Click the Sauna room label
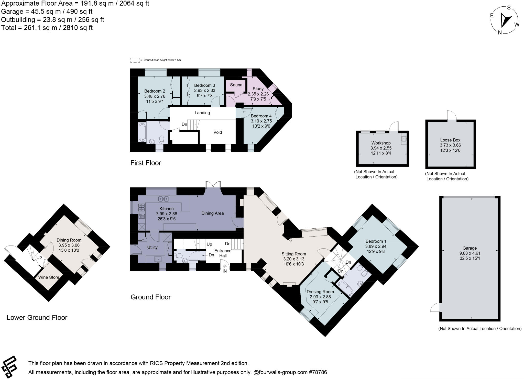click(236, 85)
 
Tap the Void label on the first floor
click(217, 132)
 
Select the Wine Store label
click(49, 277)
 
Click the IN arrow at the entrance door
click(225, 267)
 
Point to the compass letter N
click(499, 32)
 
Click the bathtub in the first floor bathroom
click(142, 132)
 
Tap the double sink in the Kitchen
click(163, 198)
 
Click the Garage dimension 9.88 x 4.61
click(470, 253)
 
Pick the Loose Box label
click(450, 140)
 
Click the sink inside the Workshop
click(404, 139)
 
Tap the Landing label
click(202, 113)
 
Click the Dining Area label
click(212, 213)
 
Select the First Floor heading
click(146, 163)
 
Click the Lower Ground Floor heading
click(37, 317)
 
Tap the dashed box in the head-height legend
click(135, 60)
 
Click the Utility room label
click(152, 247)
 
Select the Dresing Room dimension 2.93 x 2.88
click(320, 297)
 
